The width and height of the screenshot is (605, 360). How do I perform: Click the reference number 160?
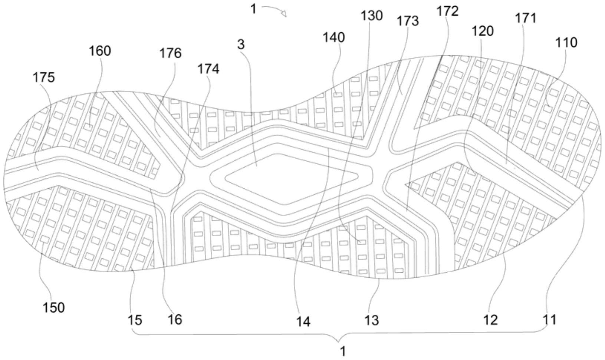tap(100, 51)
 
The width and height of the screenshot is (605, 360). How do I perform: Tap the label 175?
tap(43, 77)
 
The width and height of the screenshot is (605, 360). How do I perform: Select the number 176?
tap(170, 53)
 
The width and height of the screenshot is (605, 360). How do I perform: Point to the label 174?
tap(208, 69)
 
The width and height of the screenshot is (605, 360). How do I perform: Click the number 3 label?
tap(241, 44)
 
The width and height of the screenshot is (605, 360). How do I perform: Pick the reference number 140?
tap(333, 37)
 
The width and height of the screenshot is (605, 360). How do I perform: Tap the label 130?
tap(371, 16)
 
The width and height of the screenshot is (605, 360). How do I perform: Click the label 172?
tap(447, 11)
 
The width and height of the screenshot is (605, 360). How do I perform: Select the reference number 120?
tap(483, 31)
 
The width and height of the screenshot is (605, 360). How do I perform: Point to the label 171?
tap(526, 18)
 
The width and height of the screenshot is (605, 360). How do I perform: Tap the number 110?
tap(566, 43)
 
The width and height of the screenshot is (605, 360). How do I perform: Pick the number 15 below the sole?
tap(135, 320)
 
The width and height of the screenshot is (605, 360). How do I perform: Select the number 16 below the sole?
tap(175, 319)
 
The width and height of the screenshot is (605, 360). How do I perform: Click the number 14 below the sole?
tap(303, 321)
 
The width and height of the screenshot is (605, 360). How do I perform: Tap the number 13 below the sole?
tap(372, 320)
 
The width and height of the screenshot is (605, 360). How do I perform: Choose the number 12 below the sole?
tap(491, 320)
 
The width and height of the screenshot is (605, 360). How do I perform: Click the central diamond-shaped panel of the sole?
tap(282, 178)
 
